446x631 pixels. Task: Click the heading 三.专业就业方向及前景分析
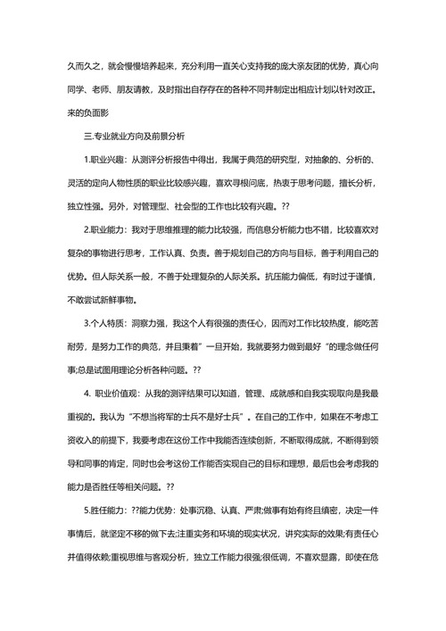click(133, 137)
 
